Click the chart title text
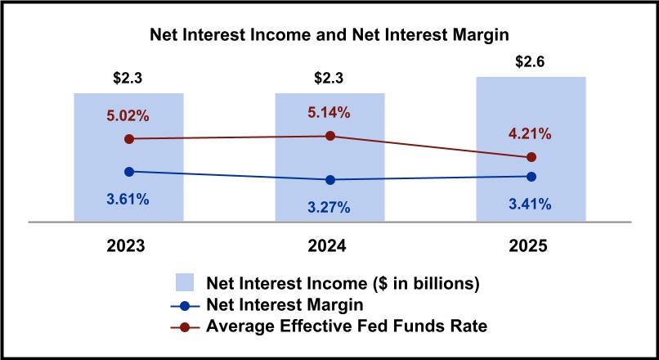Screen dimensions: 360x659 (329, 36)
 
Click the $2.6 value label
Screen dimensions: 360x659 (531, 62)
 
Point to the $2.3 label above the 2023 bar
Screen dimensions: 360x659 (128, 79)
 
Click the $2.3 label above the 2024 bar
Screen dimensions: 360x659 (329, 79)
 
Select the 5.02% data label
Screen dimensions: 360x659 (128, 116)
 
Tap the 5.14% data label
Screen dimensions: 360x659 (329, 113)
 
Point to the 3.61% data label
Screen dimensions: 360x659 (128, 199)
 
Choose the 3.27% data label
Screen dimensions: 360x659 (329, 207)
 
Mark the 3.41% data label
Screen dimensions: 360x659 (531, 204)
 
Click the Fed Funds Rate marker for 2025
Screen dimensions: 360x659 (531, 157)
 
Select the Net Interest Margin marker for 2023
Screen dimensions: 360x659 (128, 171)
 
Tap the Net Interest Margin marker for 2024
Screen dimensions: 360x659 (329, 179)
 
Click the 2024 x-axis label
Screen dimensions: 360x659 (329, 246)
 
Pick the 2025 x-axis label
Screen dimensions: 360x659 (531, 246)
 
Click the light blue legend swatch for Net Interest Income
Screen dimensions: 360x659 (186, 284)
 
